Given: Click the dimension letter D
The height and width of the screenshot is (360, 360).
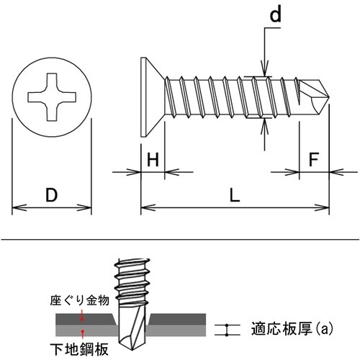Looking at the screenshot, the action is click(52, 194).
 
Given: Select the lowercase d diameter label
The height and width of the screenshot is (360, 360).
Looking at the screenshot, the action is click(275, 14).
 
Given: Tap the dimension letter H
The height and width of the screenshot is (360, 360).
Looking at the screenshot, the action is click(153, 159).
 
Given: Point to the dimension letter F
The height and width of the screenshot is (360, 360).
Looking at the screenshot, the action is click(314, 159).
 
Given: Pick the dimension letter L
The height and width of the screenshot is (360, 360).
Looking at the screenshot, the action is click(235, 194).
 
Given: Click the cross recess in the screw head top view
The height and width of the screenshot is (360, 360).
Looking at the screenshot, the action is click(52, 97).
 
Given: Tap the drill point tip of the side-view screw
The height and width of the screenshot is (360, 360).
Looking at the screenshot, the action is click(328, 97).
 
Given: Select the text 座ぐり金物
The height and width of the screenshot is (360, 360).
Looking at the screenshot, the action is click(80, 300).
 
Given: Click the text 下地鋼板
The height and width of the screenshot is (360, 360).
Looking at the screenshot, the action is click(79, 349).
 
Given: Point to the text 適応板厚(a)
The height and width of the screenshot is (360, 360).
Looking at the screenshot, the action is click(292, 328).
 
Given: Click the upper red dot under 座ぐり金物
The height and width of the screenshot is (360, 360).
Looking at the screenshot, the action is click(82, 319).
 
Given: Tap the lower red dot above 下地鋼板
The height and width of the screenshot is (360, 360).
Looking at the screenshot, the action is click(82, 331).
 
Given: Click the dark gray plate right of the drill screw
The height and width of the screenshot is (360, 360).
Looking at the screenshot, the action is click(178, 319).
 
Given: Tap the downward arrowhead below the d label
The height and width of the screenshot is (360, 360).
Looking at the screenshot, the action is click(264, 70).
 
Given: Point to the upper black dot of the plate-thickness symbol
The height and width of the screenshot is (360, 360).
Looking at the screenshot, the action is click(227, 325).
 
